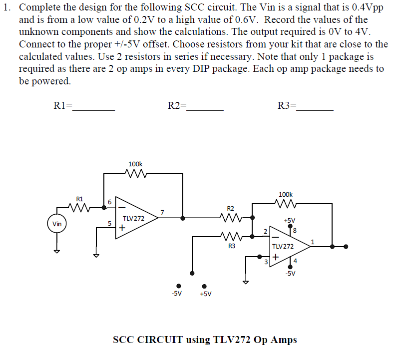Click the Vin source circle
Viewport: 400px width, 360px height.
(x=57, y=224)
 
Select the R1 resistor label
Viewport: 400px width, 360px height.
(x=80, y=198)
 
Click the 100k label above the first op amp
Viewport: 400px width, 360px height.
(x=135, y=164)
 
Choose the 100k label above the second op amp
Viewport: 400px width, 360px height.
(x=285, y=194)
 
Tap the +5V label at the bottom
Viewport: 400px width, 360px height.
(x=205, y=294)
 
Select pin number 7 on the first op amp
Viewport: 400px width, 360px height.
(x=162, y=213)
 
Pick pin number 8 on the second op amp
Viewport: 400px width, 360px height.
(x=295, y=230)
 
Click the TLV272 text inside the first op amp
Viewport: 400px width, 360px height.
(x=133, y=219)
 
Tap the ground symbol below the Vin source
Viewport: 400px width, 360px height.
(x=57, y=251)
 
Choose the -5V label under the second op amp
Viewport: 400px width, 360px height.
(x=290, y=273)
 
